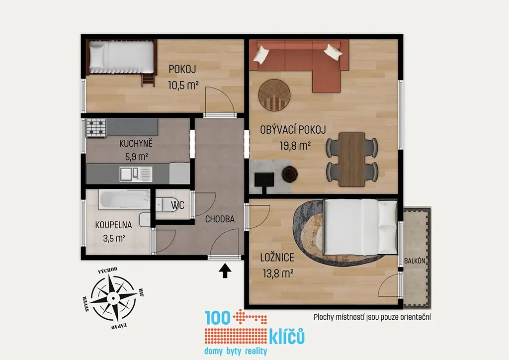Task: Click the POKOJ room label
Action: pos(182,69)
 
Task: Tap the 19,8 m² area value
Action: pos(295,146)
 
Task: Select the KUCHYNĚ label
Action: pos(136,143)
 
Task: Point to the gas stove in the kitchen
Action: pos(96,127)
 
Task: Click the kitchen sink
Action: pos(136,174)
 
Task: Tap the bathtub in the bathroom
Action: pos(125,199)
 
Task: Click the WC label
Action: pos(178,205)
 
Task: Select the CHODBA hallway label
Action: pos(220,219)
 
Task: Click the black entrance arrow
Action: pos(225,271)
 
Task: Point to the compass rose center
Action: pos(113,298)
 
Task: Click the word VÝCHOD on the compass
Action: pos(107,270)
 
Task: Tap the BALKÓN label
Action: pos(415,261)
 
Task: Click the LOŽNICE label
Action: pos(277,258)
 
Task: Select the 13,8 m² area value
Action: pos(278,273)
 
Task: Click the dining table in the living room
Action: pos(352,160)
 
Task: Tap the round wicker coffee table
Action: pos(274,95)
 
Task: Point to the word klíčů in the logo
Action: pos(287,336)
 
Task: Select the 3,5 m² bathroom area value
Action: pos(114,238)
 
